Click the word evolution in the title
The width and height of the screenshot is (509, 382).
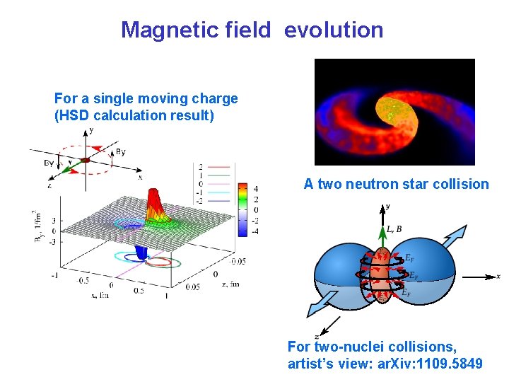click(x=334, y=30)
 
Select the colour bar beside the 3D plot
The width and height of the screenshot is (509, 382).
click(x=242, y=209)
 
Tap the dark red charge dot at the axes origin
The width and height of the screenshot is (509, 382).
click(x=85, y=161)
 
